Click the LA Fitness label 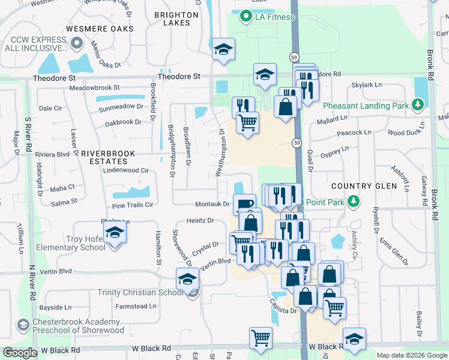pyautogui.click(x=274, y=16)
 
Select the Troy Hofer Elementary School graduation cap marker pyautogui.click(x=114, y=233)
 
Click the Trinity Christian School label pyautogui.click(x=140, y=292)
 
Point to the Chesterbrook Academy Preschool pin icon pyautogui.click(x=23, y=325)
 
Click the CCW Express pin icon pyautogui.click(x=76, y=43)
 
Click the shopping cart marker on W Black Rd pyautogui.click(x=261, y=338)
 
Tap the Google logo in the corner pyautogui.click(x=20, y=353)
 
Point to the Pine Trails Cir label pyautogui.click(x=129, y=205)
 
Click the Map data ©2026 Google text pyautogui.click(x=412, y=355)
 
